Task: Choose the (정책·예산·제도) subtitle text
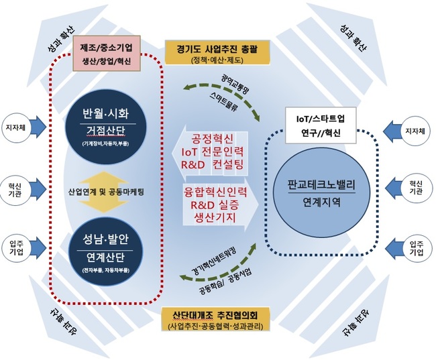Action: [216, 60]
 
